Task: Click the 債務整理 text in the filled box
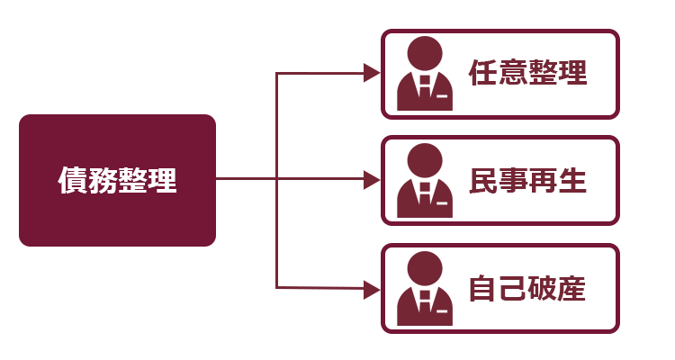point(118,180)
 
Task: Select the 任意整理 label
point(527,72)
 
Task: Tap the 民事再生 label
point(527,180)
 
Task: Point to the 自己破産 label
point(527,288)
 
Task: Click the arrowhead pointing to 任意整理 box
point(372,73)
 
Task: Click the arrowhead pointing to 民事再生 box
point(372,180)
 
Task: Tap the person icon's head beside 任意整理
point(425,53)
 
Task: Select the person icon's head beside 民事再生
point(425,160)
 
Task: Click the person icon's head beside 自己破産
point(425,269)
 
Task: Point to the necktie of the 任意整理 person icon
point(425,87)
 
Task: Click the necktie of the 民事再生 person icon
point(425,194)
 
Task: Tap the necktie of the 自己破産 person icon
point(425,301)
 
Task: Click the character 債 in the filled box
point(72,180)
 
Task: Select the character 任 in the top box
point(483,72)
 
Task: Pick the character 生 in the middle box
point(572,180)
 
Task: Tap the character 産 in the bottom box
point(572,288)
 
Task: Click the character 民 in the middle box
point(483,180)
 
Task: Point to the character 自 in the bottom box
point(483,288)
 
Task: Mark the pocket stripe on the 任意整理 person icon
point(442,96)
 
